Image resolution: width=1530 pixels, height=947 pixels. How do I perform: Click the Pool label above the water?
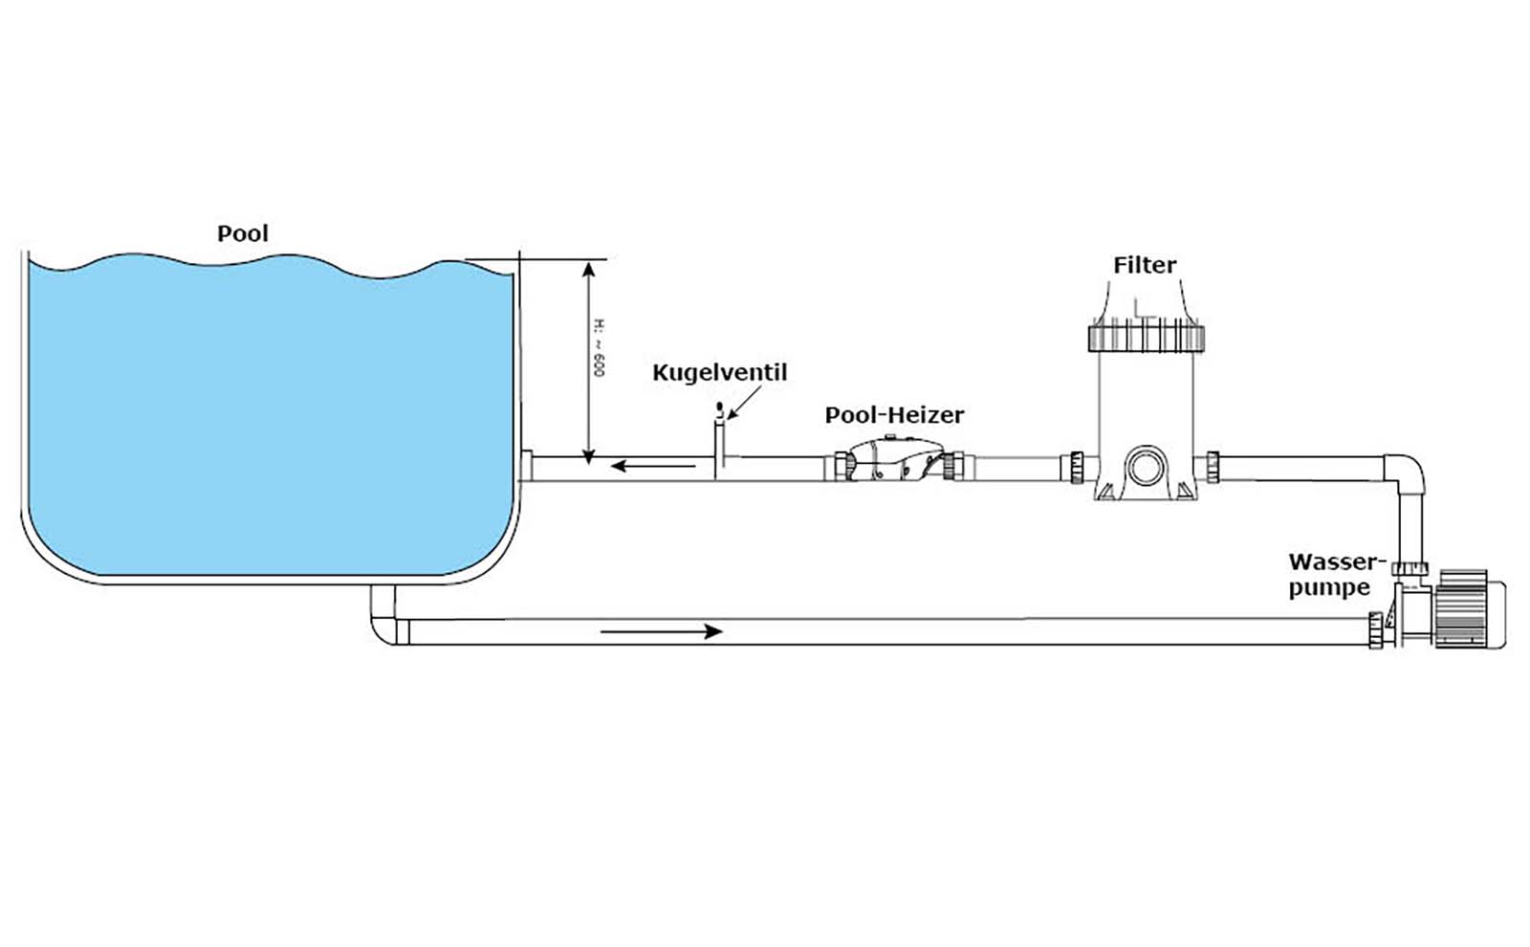[x=243, y=233]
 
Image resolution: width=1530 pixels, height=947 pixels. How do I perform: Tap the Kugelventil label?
[x=719, y=372]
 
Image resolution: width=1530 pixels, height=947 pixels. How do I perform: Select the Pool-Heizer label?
[x=894, y=415]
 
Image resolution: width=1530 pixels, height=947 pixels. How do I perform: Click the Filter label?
[x=1145, y=265]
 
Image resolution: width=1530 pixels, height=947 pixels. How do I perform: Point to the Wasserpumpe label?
[x=1336, y=574]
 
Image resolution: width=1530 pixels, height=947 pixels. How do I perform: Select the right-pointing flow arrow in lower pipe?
[x=661, y=631]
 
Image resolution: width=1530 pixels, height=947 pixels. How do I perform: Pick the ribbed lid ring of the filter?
[x=1145, y=337]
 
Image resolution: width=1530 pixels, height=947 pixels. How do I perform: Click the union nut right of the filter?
[x=1213, y=467]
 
